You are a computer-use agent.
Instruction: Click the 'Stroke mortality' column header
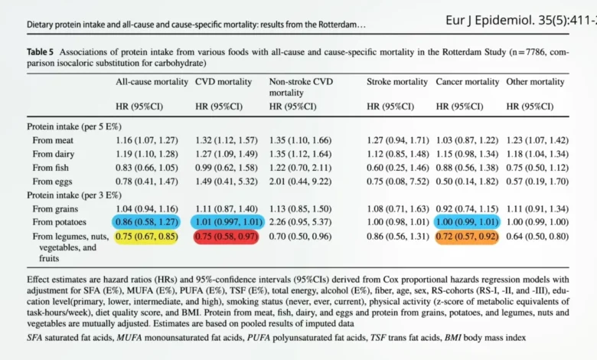(x=398, y=80)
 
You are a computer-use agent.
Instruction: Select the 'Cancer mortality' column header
(x=467, y=80)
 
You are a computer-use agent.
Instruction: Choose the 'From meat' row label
(x=54, y=139)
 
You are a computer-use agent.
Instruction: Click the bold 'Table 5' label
(x=43, y=53)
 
